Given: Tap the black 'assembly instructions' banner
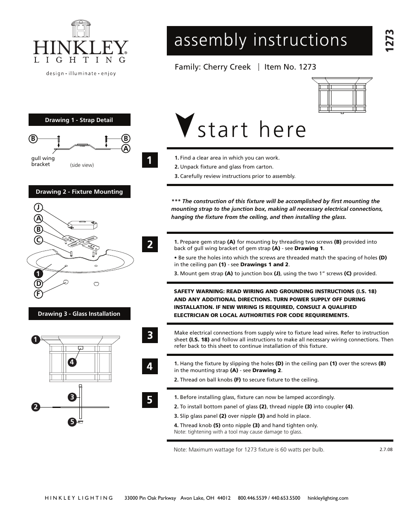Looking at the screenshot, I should (x=269, y=41).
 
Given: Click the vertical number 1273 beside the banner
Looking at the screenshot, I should (x=388, y=41).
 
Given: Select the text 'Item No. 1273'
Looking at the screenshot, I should (x=290, y=67).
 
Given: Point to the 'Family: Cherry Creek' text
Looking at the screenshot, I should (x=212, y=67).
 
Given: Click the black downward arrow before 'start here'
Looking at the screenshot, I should (x=185, y=125).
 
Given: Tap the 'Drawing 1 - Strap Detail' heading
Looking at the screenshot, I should (x=79, y=120).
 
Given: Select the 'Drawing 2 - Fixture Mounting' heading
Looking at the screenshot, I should (x=79, y=192).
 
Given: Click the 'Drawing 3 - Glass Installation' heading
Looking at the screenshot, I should (x=79, y=314).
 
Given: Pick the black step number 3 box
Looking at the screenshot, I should (x=150, y=335).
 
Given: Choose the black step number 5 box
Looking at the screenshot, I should (x=150, y=400).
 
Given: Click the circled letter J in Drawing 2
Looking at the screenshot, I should (x=38, y=207).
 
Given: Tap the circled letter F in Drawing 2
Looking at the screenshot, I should (x=38, y=294).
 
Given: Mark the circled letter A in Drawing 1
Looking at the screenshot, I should (x=125, y=148).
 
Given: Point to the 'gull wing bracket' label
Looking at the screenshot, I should (x=43, y=161).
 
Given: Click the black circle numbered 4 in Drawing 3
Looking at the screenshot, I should (x=72, y=362).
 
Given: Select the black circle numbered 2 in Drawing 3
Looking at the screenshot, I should (x=35, y=407).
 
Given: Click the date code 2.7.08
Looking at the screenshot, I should (x=385, y=449).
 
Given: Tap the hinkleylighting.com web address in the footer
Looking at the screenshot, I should (x=328, y=498).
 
